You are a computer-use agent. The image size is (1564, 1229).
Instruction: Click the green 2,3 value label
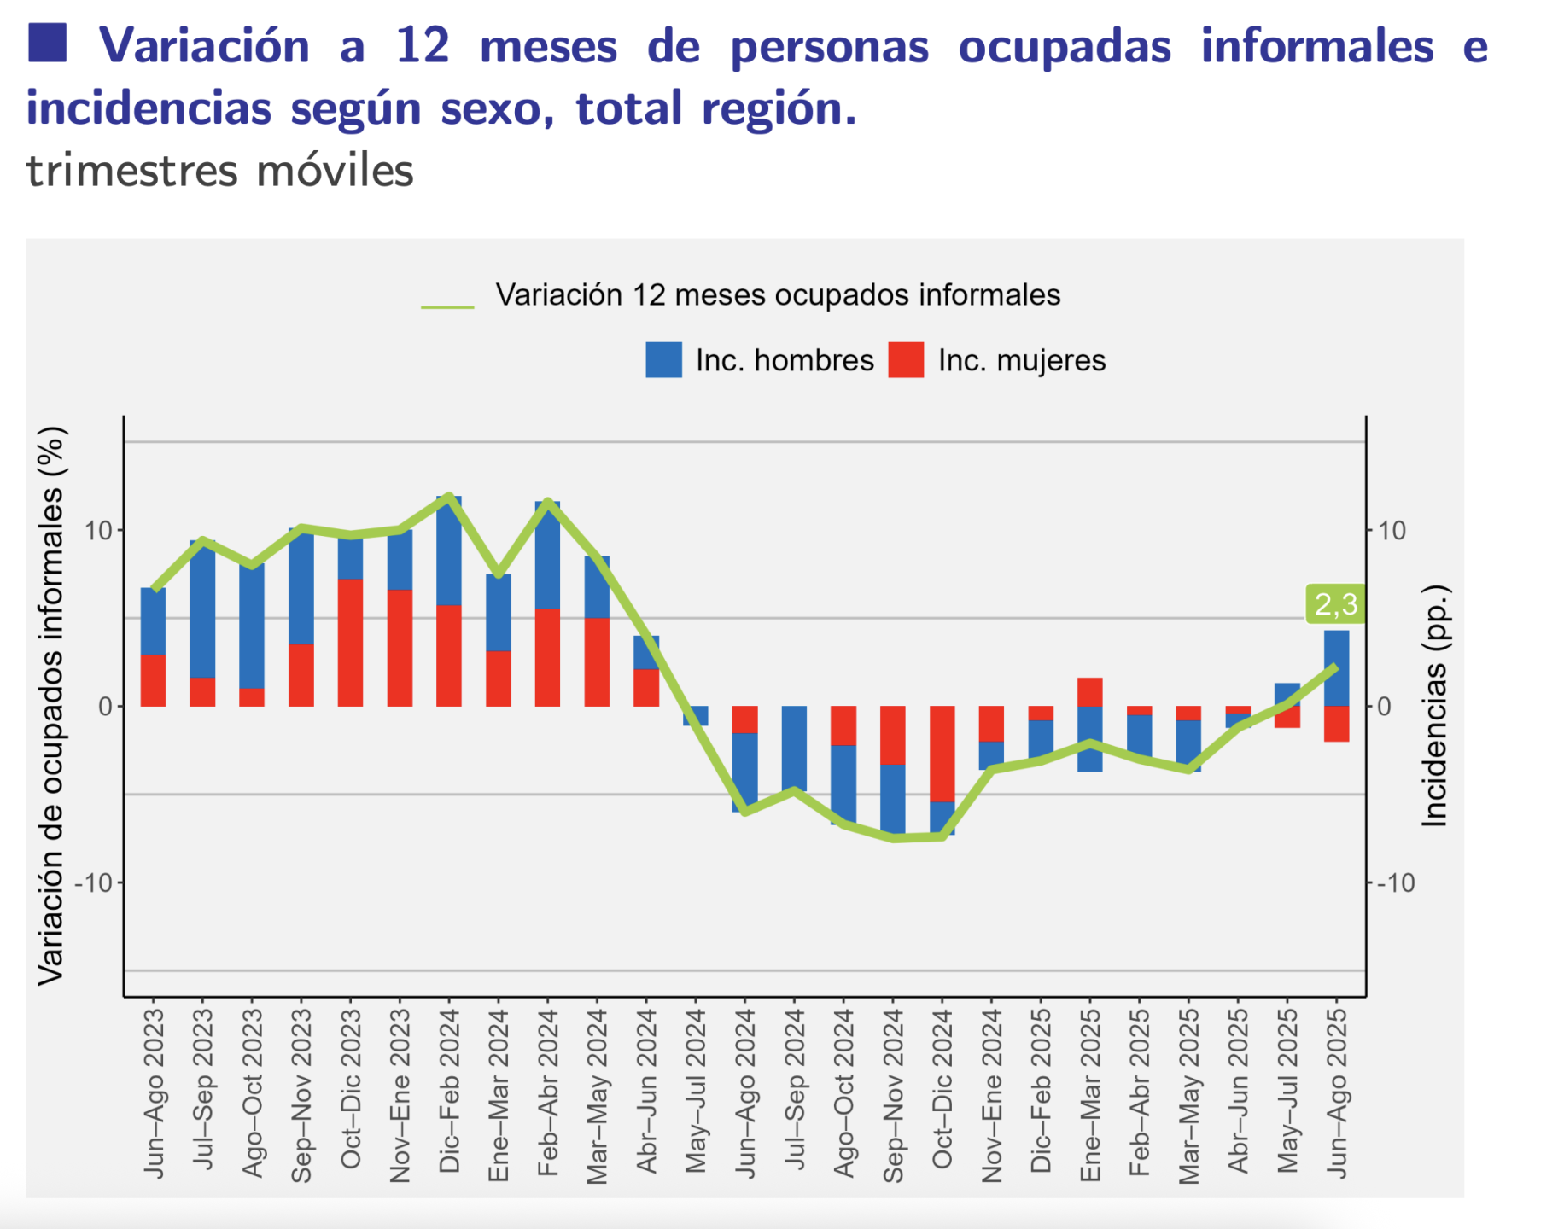click(1335, 604)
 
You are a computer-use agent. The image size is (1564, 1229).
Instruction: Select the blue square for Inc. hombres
click(663, 360)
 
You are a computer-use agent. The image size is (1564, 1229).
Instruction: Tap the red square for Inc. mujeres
click(906, 360)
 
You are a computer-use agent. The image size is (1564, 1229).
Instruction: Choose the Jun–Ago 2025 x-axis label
click(1337, 1092)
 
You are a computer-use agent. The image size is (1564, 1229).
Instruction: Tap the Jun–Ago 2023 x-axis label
click(154, 1092)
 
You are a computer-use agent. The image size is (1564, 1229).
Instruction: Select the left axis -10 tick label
click(95, 882)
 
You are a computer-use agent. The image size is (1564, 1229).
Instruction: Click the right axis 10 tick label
click(1392, 531)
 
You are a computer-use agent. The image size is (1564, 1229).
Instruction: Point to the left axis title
click(51, 705)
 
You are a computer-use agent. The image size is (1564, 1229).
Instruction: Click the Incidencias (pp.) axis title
click(1436, 705)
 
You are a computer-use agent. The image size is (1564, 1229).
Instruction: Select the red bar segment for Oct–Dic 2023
click(351, 642)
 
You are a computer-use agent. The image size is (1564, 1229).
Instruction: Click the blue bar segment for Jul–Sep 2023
click(202, 608)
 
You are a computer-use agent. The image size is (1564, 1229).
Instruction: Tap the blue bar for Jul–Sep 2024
click(795, 748)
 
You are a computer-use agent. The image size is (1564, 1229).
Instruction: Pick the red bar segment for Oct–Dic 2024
click(942, 753)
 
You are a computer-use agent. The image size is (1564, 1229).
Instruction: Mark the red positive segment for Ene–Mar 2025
click(1090, 692)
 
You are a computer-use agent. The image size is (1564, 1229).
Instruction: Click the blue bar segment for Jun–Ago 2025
click(1337, 667)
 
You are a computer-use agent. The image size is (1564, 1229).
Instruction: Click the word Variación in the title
click(204, 46)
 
